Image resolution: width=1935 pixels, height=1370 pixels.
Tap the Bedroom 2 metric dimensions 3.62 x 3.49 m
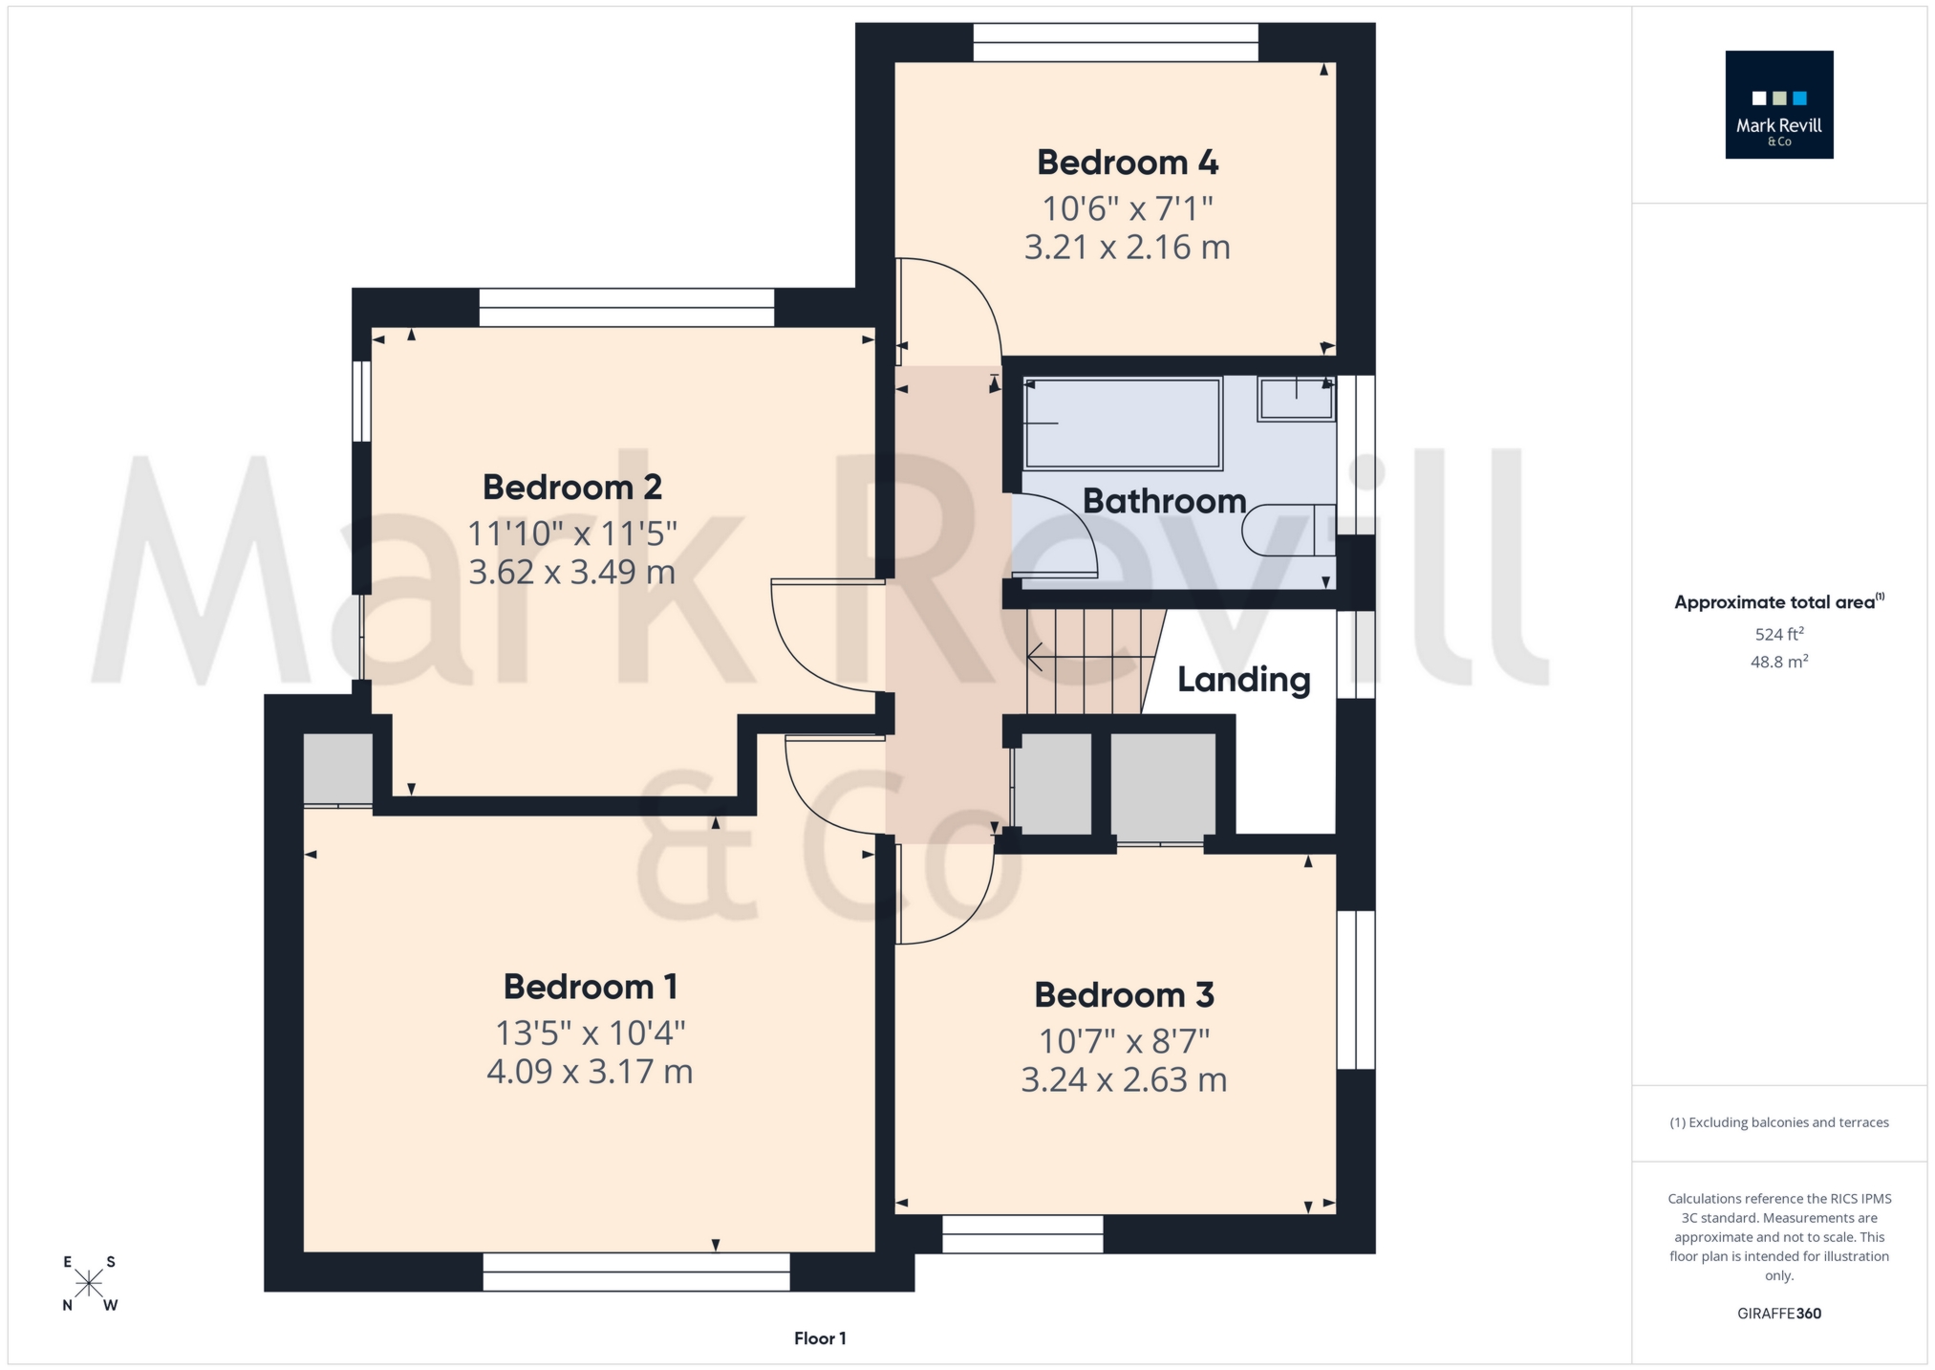coord(571,572)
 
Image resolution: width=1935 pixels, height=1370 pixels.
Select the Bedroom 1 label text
coord(590,987)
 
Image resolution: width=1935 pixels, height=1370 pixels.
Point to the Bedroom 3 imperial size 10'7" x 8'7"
coord(1124,1040)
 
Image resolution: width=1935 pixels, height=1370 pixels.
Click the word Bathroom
coord(1163,501)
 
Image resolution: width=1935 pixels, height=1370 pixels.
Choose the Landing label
coord(1243,680)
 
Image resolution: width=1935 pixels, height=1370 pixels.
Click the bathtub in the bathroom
coord(1122,424)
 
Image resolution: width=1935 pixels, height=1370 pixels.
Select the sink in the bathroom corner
coord(1296,399)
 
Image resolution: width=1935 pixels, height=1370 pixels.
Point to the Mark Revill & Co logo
coord(1778,105)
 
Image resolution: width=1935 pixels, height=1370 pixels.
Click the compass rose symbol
coord(89,1283)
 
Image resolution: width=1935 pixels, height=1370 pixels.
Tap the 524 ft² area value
coord(1778,634)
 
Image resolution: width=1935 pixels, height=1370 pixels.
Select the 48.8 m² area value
coord(1778,662)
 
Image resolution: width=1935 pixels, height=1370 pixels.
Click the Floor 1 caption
coord(820,1338)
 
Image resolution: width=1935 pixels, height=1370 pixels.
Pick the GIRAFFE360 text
coord(1778,1314)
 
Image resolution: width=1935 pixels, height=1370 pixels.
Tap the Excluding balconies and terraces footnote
coord(1778,1122)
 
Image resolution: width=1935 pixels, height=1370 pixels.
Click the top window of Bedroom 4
coord(1115,43)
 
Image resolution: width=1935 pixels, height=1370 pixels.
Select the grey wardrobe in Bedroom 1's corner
coord(337,770)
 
